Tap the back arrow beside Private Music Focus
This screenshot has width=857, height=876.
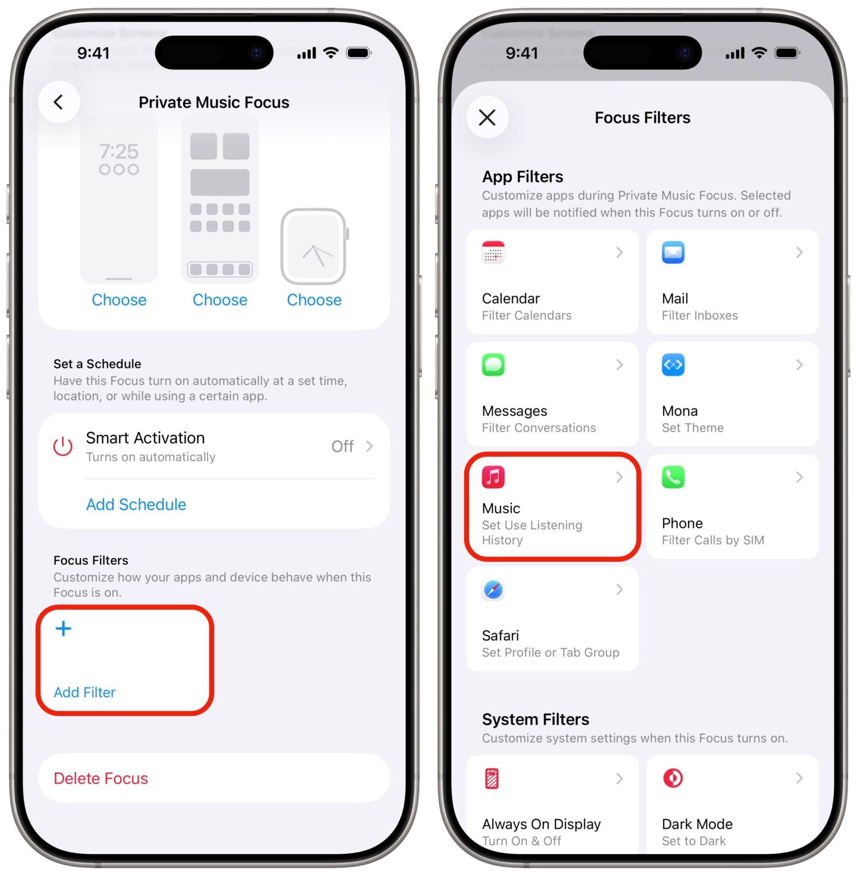tap(58, 102)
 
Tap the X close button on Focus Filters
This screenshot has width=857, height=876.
tap(487, 117)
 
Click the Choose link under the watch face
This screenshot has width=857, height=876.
tap(314, 300)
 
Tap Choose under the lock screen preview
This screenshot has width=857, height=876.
tap(119, 300)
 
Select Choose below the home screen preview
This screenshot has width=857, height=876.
tap(220, 300)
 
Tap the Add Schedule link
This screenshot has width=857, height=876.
tap(136, 505)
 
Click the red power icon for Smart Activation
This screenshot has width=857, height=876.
tap(63, 446)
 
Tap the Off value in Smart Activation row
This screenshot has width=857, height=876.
tap(342, 446)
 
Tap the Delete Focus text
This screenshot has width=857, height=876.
tap(101, 778)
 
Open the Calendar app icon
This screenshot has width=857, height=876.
tap(493, 252)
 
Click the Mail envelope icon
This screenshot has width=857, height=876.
tap(673, 252)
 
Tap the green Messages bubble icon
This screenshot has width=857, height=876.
tap(493, 365)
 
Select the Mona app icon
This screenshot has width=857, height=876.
tap(673, 365)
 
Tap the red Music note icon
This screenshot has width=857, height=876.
tap(493, 477)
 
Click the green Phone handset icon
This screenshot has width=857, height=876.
tap(673, 477)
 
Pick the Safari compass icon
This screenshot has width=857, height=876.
tap(493, 590)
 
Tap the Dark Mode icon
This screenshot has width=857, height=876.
tap(673, 778)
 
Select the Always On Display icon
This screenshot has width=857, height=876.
tap(492, 778)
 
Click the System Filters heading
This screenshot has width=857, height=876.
tap(535, 719)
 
